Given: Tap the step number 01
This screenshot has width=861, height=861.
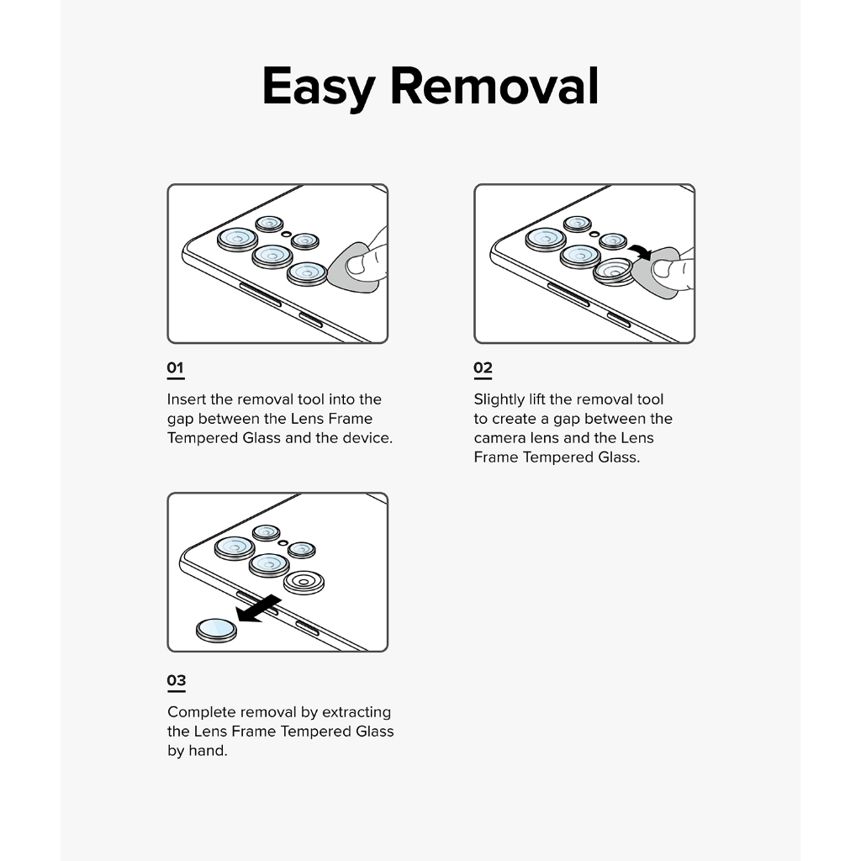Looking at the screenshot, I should tap(175, 367).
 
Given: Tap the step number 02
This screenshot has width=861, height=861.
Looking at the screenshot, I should tap(483, 367).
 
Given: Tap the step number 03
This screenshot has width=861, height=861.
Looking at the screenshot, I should tap(176, 680).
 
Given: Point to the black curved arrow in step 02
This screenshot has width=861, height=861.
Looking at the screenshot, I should tap(641, 250).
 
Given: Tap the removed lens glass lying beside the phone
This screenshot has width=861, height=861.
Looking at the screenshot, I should tap(215, 629).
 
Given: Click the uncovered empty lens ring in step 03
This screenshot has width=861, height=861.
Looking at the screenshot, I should tap(304, 581).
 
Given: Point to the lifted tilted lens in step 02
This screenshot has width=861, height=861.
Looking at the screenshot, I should tap(613, 272).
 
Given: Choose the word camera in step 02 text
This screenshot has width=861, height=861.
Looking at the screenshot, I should tap(499, 438).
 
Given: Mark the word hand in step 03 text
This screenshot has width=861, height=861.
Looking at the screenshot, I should tap(207, 751).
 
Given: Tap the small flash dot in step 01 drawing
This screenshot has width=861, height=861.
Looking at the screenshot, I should tap(287, 233).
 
